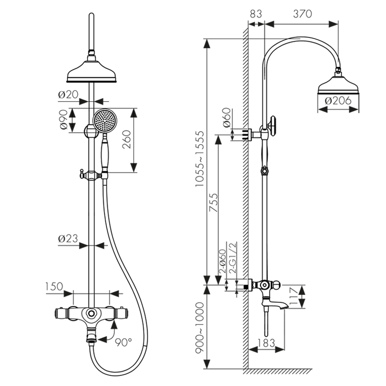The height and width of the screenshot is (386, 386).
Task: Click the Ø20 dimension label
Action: point(68,95)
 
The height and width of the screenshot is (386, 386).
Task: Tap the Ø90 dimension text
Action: point(63,120)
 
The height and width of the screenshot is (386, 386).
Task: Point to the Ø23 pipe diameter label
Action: point(68,238)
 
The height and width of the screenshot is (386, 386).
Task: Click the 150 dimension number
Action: point(54,286)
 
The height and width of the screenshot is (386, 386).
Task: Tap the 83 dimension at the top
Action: point(256,14)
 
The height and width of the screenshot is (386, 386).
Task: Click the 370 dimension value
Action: point(302,14)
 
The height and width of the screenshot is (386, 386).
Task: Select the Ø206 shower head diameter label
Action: point(338,101)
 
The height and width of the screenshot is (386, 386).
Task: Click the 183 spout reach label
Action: point(266,343)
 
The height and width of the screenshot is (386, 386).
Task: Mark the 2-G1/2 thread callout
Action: point(233,263)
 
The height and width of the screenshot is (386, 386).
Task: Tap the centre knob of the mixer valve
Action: point(90,314)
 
